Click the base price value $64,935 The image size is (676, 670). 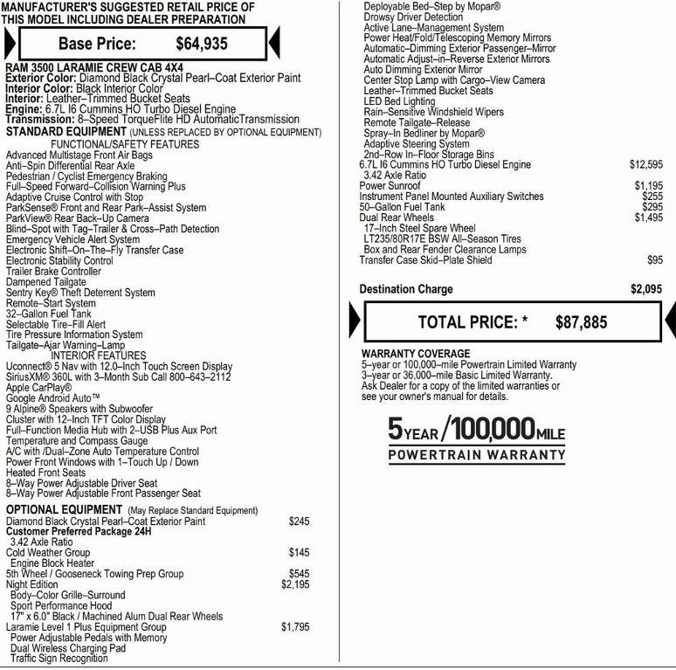click(x=202, y=43)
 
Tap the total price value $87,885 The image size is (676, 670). click(x=581, y=322)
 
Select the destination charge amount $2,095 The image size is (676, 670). click(x=646, y=289)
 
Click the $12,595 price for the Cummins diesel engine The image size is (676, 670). click(x=645, y=164)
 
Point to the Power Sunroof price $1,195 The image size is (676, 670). click(x=648, y=186)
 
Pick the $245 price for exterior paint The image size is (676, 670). click(x=299, y=521)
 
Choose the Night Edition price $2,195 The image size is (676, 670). click(x=295, y=584)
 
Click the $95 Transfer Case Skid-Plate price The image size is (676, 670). click(x=654, y=260)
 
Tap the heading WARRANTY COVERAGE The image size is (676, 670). click(x=415, y=354)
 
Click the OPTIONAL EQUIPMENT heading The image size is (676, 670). click(x=64, y=509)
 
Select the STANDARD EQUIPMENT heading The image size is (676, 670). click(x=66, y=132)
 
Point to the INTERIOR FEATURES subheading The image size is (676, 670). click(x=98, y=356)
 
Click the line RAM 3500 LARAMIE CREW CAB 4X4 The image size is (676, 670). click(x=94, y=67)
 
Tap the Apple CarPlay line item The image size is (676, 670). click(x=38, y=387)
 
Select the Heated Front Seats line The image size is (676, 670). click(x=45, y=472)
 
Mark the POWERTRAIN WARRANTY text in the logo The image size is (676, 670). click(x=477, y=455)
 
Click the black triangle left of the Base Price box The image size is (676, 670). click(x=10, y=43)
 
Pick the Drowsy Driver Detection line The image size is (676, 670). click(x=413, y=17)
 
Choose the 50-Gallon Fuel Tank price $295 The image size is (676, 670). click(x=652, y=207)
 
